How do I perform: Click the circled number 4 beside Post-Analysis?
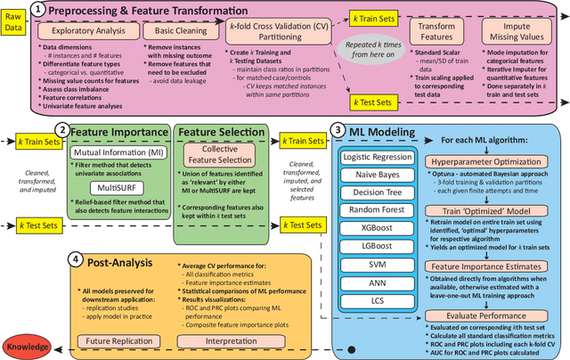77,261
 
